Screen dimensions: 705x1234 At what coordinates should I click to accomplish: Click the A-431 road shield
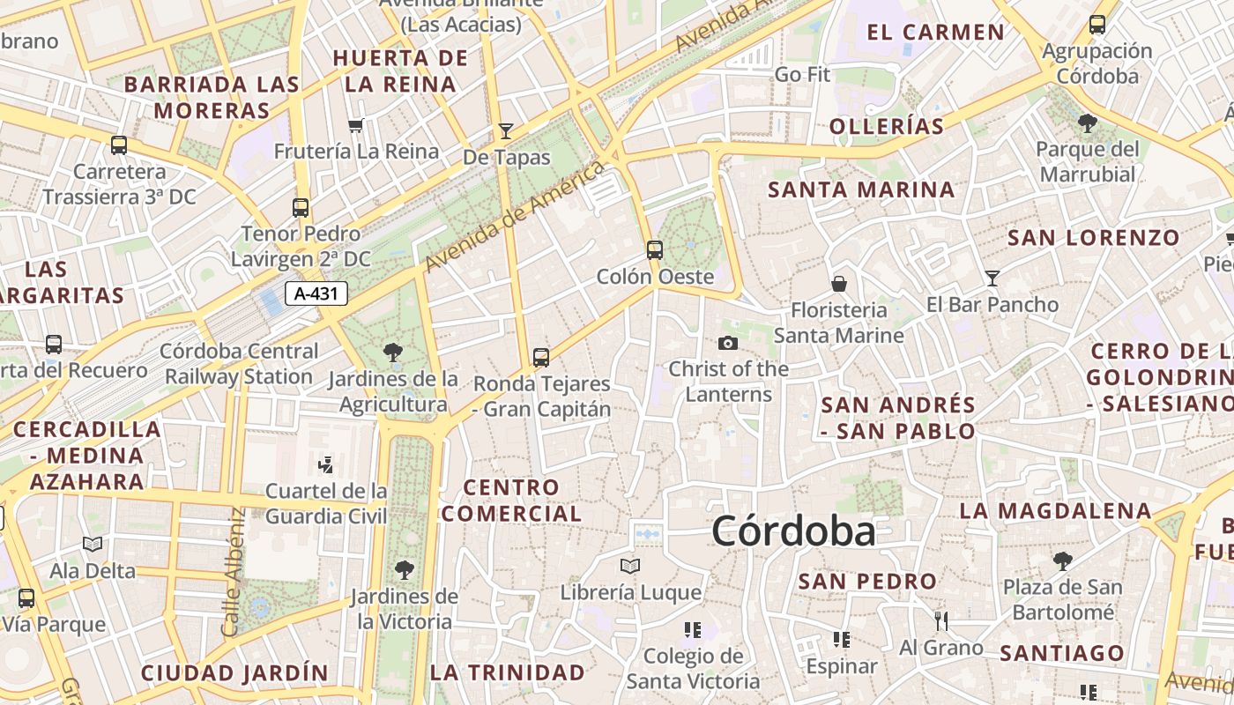coord(316,293)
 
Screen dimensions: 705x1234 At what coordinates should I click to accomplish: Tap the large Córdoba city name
coord(793,531)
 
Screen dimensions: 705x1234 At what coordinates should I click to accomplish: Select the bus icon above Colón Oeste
coord(654,249)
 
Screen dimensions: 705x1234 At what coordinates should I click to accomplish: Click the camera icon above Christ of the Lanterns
coord(728,343)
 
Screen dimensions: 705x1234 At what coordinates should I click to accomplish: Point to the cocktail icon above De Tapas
coord(506,131)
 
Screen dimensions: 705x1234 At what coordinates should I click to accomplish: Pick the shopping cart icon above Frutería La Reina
coord(356,125)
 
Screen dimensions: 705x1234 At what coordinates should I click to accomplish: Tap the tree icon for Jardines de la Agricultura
coord(393,352)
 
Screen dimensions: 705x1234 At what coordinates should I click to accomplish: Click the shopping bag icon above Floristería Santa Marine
coord(839,284)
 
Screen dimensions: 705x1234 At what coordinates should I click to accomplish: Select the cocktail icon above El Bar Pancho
coord(992,278)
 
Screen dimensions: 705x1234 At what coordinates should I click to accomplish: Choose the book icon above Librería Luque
coord(630,566)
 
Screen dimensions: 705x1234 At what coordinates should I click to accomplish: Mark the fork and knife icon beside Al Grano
coord(941,621)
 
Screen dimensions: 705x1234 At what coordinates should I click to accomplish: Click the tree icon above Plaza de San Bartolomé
coord(1063,560)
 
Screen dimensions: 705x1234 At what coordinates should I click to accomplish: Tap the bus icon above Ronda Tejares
coord(541,357)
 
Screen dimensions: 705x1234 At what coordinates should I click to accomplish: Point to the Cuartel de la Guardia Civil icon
coord(326,464)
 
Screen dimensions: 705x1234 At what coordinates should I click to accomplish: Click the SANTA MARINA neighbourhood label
coord(861,189)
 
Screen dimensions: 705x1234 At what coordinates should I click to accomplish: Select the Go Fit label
coord(802,75)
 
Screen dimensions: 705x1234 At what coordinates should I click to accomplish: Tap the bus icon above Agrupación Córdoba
coord(1097,25)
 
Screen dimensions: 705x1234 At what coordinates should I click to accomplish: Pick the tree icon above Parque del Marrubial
coord(1088,122)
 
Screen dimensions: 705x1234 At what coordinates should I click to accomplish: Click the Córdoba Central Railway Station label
coord(240,364)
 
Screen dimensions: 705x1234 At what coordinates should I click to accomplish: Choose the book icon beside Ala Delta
coord(93,545)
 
